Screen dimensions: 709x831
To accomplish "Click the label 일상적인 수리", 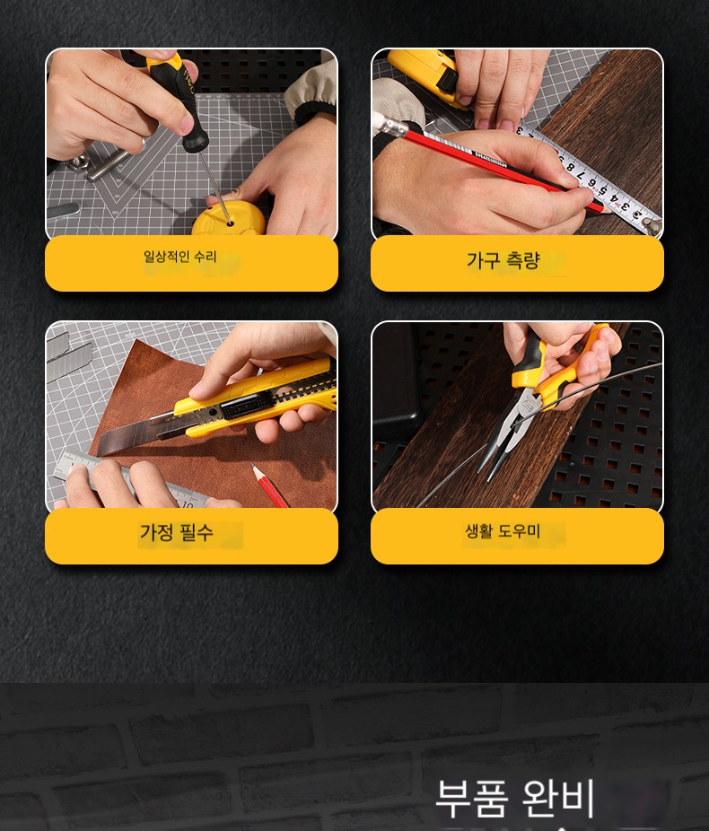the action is point(180,257).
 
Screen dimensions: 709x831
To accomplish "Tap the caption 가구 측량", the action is point(503,260).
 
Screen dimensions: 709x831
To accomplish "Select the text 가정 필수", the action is point(177,531).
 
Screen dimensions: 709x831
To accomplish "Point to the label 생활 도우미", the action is point(503,530).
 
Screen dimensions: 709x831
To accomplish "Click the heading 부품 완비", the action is point(514,799).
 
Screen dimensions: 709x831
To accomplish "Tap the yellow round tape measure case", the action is point(228,220).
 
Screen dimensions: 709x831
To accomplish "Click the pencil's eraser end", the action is point(389,124).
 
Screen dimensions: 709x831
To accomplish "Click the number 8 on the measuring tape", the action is point(571,168).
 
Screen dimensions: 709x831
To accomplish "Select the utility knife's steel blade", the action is point(139,433).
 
